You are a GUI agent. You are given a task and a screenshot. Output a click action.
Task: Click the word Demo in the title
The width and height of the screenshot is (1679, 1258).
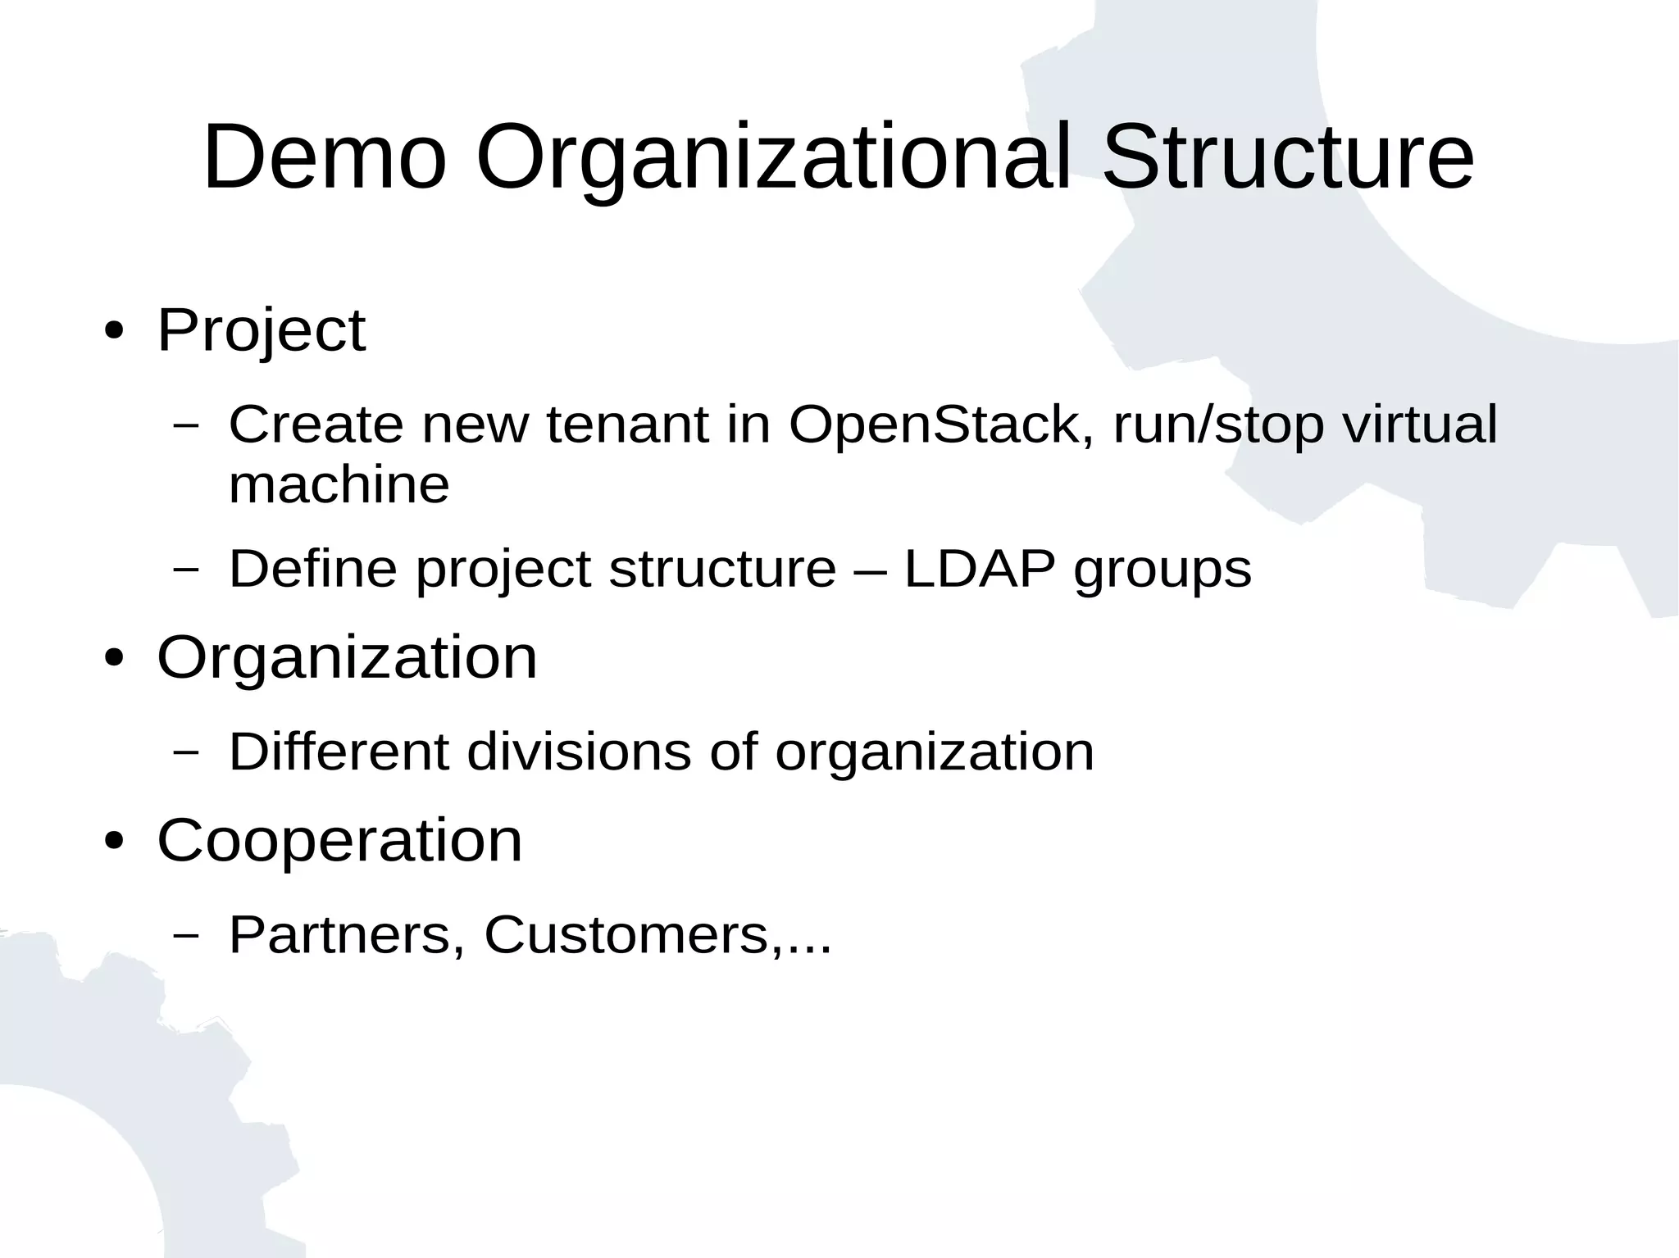pos(325,157)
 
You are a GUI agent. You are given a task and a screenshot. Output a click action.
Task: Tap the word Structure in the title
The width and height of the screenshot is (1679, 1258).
pos(1288,157)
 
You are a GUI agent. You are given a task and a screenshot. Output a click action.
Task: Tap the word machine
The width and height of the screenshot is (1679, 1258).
pos(339,484)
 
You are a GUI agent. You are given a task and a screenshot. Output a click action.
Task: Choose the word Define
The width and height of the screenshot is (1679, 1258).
pos(313,569)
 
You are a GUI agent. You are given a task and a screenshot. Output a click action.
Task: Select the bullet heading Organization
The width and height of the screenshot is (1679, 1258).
pos(347,658)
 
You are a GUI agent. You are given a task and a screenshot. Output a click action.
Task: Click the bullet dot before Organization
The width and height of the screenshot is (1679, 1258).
pos(115,658)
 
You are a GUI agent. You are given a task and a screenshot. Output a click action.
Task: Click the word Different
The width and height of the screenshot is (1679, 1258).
pos(339,752)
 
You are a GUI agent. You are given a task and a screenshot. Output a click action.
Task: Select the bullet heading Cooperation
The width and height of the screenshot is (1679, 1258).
pos(339,842)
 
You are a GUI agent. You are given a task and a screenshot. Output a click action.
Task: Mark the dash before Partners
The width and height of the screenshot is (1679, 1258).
pos(187,935)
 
